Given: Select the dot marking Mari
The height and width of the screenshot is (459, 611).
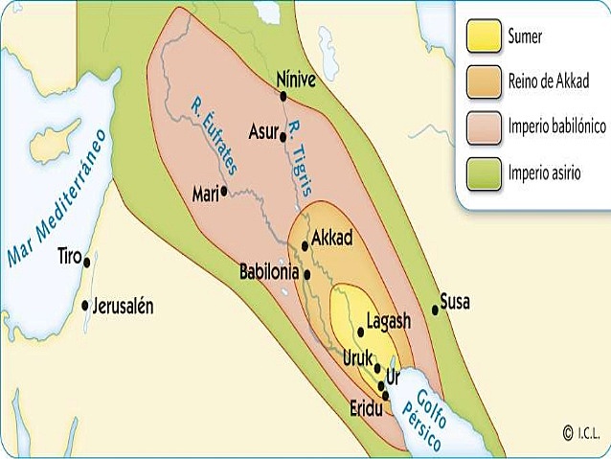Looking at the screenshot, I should click(224, 190).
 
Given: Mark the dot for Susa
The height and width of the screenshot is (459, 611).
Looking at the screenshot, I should click(436, 309).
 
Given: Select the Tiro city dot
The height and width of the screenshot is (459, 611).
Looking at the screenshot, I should click(87, 261).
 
